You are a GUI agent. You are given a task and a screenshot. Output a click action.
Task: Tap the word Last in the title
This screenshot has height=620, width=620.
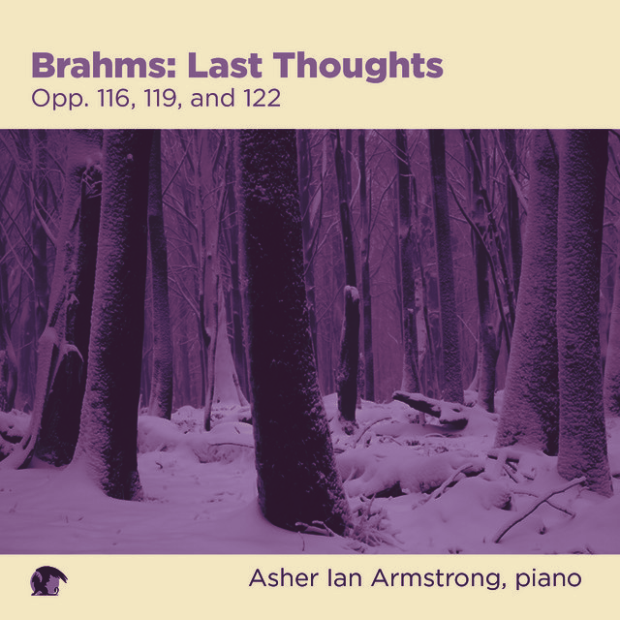tap(225, 65)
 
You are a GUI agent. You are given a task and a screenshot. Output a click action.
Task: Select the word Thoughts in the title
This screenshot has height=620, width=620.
tap(358, 68)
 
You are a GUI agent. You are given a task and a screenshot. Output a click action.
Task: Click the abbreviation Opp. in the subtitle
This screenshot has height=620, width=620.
tap(60, 100)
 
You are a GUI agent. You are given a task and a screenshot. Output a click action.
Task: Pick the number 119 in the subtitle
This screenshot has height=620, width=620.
tap(160, 99)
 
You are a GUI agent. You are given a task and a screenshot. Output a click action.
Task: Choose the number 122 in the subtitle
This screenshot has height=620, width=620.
tap(263, 99)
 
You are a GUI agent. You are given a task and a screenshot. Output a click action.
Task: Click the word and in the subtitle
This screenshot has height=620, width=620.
tap(212, 99)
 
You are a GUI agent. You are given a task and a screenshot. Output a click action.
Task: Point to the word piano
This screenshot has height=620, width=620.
tap(548, 580)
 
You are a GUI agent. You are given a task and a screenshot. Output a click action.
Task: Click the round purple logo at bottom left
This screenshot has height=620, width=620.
tap(48, 580)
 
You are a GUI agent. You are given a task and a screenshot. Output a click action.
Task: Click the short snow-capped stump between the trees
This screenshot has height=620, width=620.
tap(349, 352)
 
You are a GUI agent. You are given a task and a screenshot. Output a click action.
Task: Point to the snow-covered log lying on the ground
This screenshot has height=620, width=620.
tap(431, 409)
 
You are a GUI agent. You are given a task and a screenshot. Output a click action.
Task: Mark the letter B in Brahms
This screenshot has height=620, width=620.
tap(43, 65)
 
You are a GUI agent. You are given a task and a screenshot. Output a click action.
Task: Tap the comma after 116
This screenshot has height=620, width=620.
tap(134, 107)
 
